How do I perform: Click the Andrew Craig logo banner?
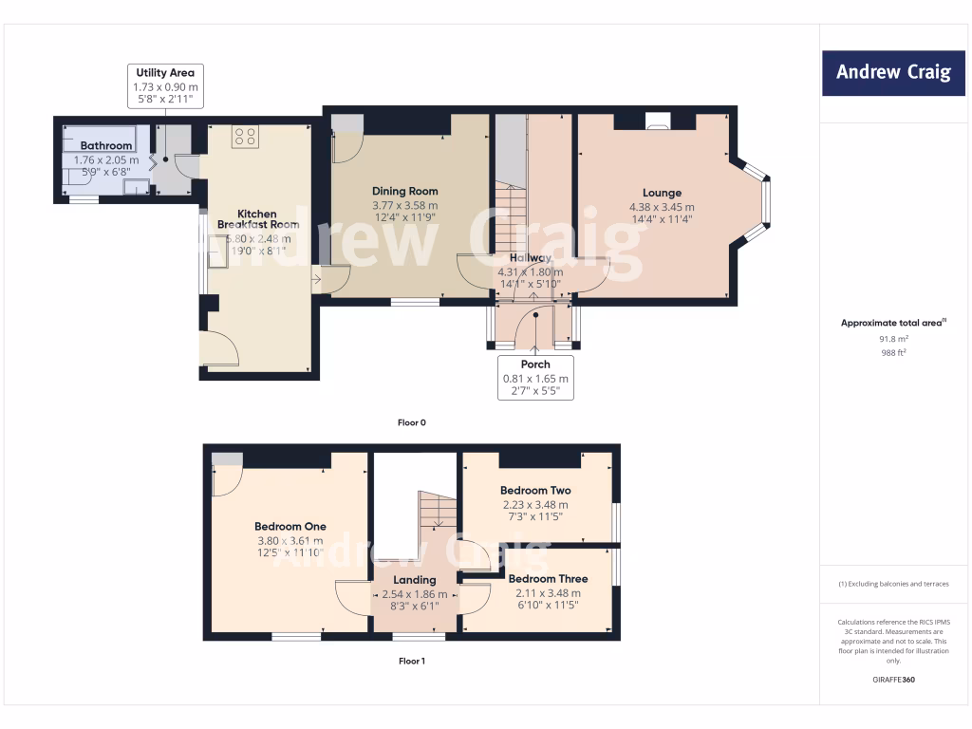(x=893, y=72)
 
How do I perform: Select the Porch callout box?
(x=535, y=378)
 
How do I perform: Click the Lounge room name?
(x=662, y=194)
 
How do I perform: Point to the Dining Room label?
(x=404, y=191)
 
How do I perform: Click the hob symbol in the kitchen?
(x=245, y=137)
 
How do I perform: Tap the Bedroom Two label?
(x=536, y=491)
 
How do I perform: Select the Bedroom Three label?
(x=548, y=579)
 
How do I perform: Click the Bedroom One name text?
(x=290, y=527)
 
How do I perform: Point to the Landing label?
(x=415, y=580)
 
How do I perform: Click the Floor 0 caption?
(x=411, y=422)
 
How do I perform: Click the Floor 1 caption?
(x=411, y=661)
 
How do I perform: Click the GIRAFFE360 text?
(x=892, y=680)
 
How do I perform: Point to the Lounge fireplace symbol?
(x=656, y=121)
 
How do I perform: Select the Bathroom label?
(x=105, y=146)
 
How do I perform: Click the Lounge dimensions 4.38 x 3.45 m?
(x=662, y=207)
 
